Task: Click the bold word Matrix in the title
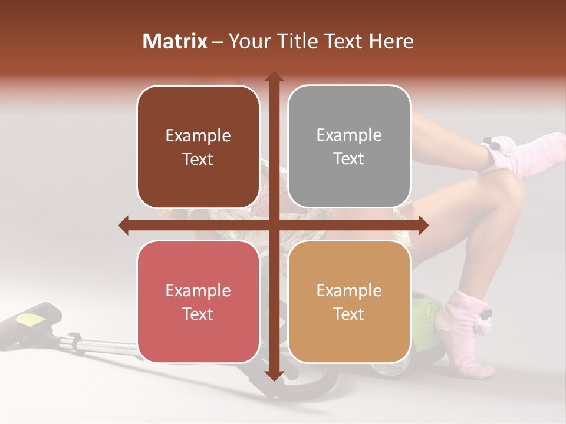[175, 41]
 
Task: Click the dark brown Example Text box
[198, 147]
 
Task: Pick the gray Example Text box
[349, 147]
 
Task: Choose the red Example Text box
[198, 302]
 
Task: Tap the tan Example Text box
[349, 302]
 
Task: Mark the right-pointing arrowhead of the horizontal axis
[423, 225]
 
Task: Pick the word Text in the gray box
[349, 159]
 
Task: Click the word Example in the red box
[198, 290]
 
